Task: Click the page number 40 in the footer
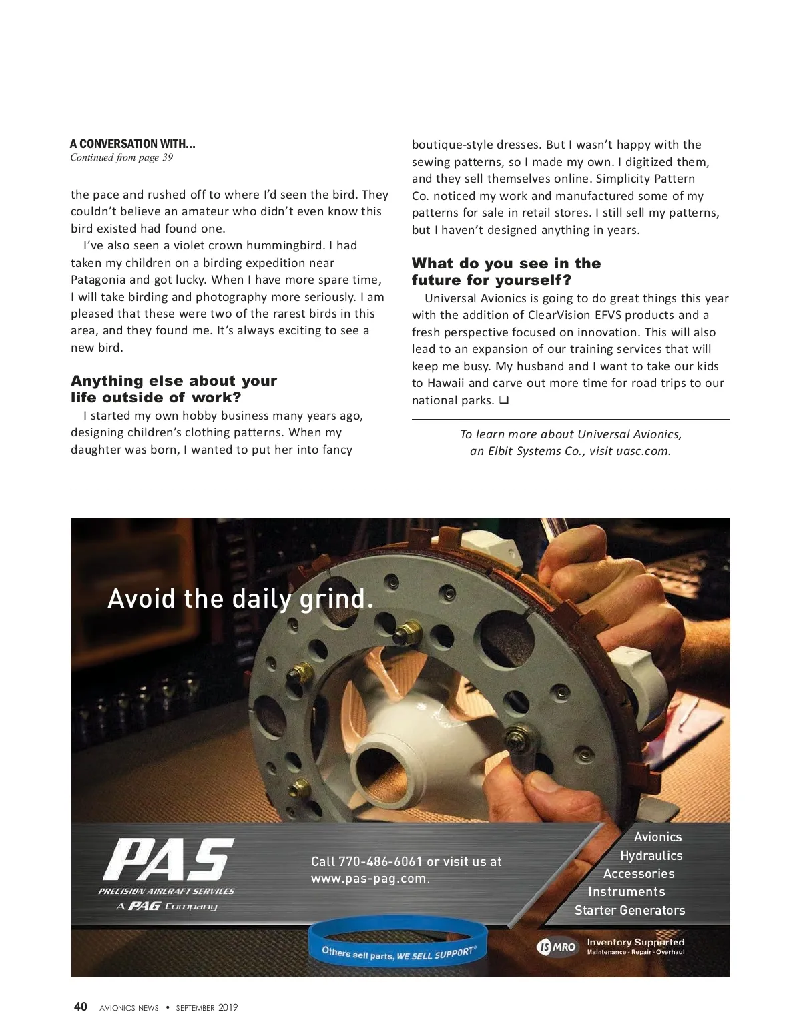[x=80, y=1007]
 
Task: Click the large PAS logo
[x=168, y=859]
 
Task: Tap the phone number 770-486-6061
[x=380, y=861]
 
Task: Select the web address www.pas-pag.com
[x=368, y=879]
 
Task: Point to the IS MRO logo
[x=556, y=947]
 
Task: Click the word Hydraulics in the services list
[x=651, y=855]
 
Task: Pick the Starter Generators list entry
[x=629, y=910]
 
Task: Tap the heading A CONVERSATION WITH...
[x=132, y=144]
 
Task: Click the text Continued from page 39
[x=121, y=158]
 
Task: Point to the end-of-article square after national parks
[x=504, y=400]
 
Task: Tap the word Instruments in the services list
[x=626, y=892]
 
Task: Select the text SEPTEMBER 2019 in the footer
[x=206, y=1007]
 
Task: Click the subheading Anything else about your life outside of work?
[x=174, y=389]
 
